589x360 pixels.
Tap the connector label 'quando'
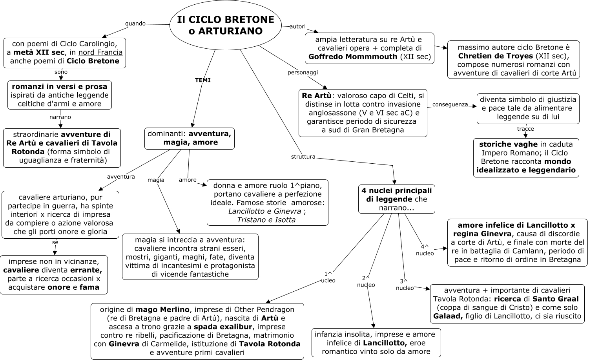pyautogui.click(x=135, y=24)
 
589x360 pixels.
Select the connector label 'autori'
pyautogui.click(x=297, y=26)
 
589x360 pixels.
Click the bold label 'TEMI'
pyautogui.click(x=203, y=80)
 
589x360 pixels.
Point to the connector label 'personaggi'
pyautogui.click(x=303, y=72)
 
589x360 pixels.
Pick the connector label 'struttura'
pyautogui.click(x=303, y=157)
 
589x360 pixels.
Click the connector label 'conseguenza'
pyautogui.click(x=450, y=104)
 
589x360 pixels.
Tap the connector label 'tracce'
pyautogui.click(x=525, y=129)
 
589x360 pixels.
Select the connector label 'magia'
pyautogui.click(x=156, y=180)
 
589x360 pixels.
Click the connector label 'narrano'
pyautogui.click(x=60, y=117)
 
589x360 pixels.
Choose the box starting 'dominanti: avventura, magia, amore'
pyautogui.click(x=189, y=139)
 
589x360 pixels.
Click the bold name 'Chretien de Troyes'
pyautogui.click(x=495, y=56)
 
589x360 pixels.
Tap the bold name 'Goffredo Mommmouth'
pyautogui.click(x=353, y=57)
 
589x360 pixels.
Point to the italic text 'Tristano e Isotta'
pyautogui.click(x=266, y=220)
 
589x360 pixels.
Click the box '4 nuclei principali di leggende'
pyautogui.click(x=396, y=199)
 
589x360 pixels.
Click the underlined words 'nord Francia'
pyautogui.click(x=100, y=52)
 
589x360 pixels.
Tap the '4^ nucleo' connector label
pyautogui.click(x=425, y=250)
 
